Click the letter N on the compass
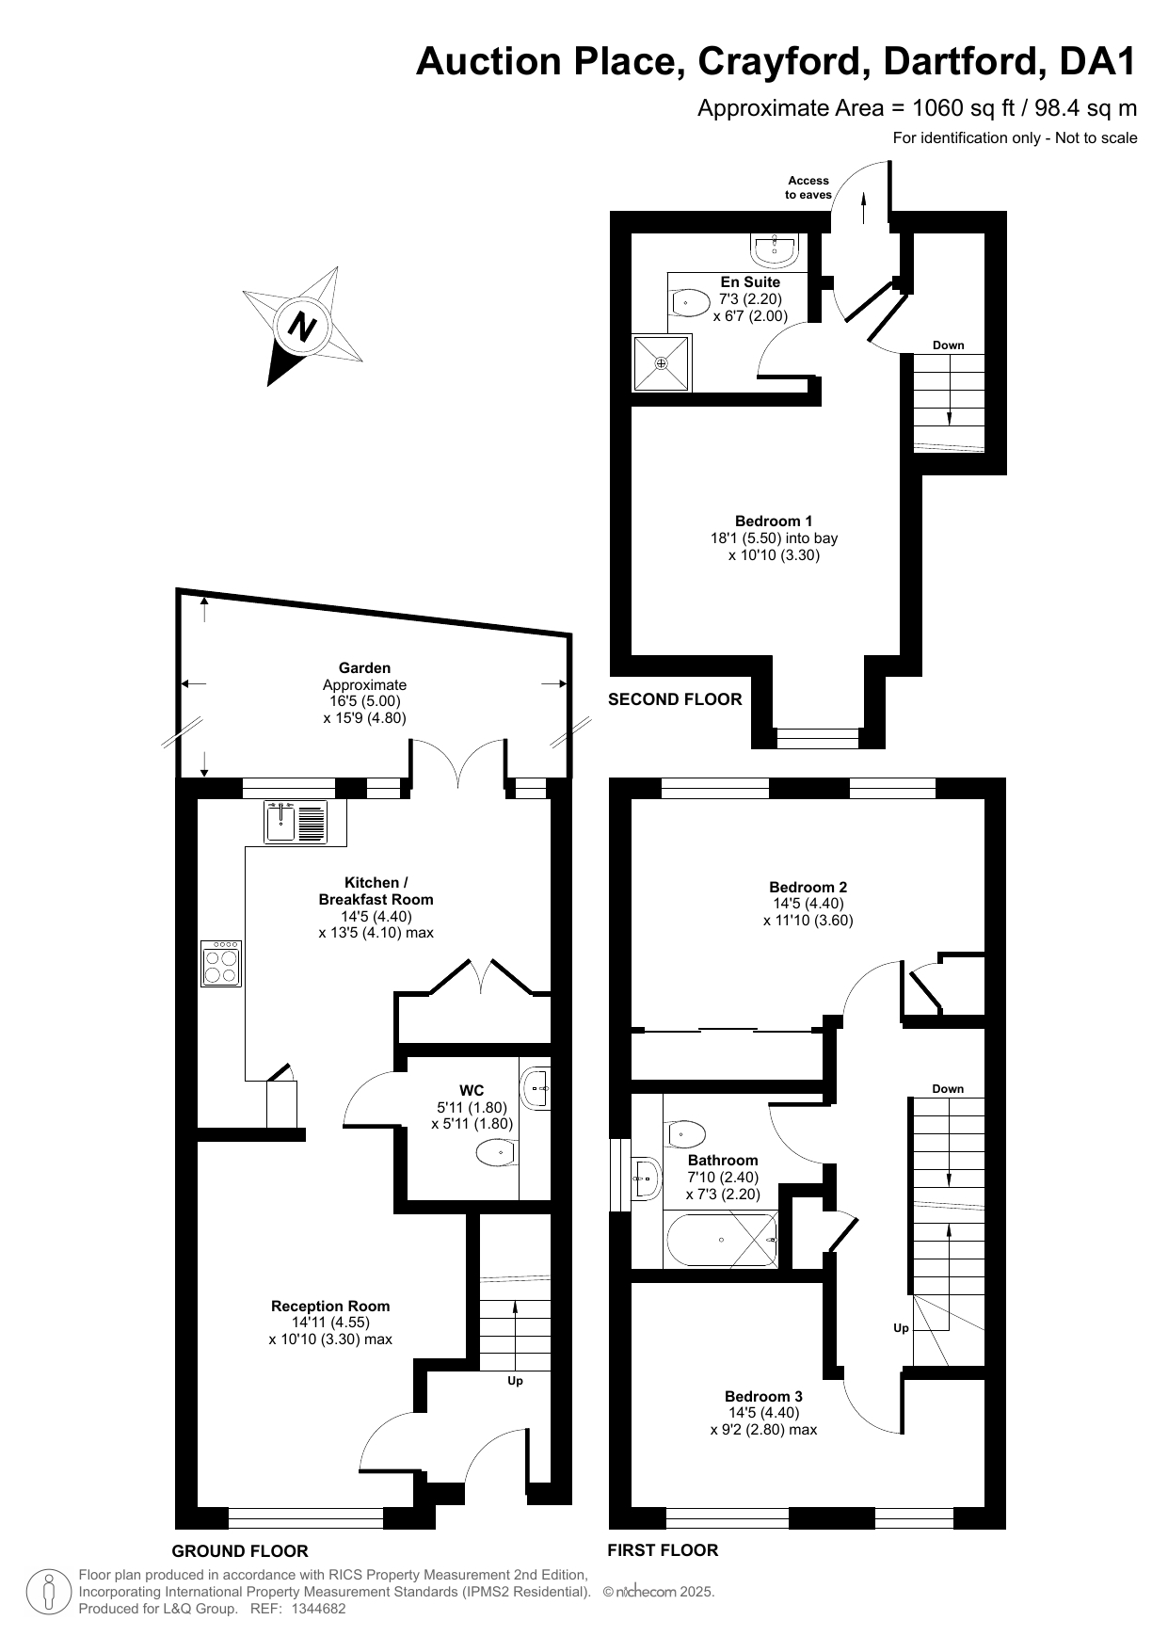[302, 327]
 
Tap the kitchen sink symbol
[296, 821]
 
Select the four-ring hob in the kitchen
[221, 963]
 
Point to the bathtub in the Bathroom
[721, 1239]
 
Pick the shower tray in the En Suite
[662, 362]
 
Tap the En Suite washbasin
[776, 249]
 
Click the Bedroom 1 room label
[774, 521]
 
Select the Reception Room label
[330, 1306]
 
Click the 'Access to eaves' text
[808, 187]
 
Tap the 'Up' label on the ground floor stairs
[515, 1381]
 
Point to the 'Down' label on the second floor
[949, 345]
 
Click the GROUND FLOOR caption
[240, 1551]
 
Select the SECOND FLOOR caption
[675, 699]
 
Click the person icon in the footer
[49, 1591]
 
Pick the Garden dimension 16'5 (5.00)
[364, 701]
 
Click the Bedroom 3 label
[763, 1396]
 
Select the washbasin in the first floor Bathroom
[646, 1178]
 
